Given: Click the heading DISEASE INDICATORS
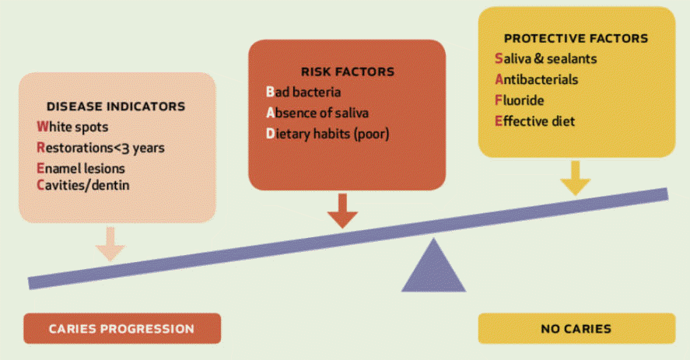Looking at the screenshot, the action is pyautogui.click(x=116, y=107).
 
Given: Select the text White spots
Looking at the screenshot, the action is pyautogui.click(x=72, y=128).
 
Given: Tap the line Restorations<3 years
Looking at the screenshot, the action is pyautogui.click(x=100, y=148).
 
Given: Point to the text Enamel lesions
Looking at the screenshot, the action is pyautogui.click(x=81, y=168).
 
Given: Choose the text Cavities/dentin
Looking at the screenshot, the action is pyautogui.click(x=82, y=185).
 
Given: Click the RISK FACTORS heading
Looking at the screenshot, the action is pyautogui.click(x=348, y=72).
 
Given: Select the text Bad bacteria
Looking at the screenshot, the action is pyautogui.click(x=303, y=92).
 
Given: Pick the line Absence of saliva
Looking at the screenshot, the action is pyautogui.click(x=317, y=113).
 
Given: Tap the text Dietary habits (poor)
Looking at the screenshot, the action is pyautogui.click(x=327, y=134).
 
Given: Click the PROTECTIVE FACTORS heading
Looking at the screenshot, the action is pyautogui.click(x=576, y=38).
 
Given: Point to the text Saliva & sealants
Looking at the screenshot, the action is pyautogui.click(x=545, y=58).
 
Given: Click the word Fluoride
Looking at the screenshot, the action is pyautogui.click(x=520, y=100).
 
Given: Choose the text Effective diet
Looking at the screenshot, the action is pyautogui.click(x=534, y=121).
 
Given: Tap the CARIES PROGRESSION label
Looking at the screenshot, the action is pyautogui.click(x=121, y=329).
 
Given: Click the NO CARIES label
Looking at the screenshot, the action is pyautogui.click(x=576, y=329).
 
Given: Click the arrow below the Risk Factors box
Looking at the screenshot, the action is pyautogui.click(x=342, y=211).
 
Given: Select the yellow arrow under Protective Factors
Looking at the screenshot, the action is pyautogui.click(x=575, y=178).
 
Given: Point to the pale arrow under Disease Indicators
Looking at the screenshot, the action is pyautogui.click(x=110, y=244).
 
